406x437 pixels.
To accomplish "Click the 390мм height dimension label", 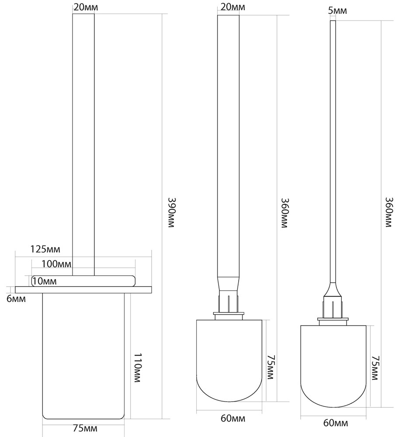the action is pos(171,213).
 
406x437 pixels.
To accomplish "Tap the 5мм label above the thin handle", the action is pos(337,11).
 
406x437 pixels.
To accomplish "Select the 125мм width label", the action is pos(45,249).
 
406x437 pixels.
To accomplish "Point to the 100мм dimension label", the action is pos(56,264).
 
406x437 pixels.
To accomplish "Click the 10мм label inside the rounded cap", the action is pos(44,281).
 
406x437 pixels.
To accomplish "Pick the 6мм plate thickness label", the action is pos(16,299).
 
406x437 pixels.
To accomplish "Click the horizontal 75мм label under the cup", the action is pos(85,428).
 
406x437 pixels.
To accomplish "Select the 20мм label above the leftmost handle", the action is pos(86,7).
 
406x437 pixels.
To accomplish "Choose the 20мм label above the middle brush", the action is pos(232,7).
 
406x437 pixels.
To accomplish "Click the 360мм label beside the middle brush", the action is pos(284,213).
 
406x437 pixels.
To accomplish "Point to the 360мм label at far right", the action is pos(389,212).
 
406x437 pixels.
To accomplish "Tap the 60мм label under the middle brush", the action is pos(233,418).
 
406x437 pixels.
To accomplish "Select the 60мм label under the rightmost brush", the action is pos(336,423).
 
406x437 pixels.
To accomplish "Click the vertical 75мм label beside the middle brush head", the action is pos(270,367).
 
